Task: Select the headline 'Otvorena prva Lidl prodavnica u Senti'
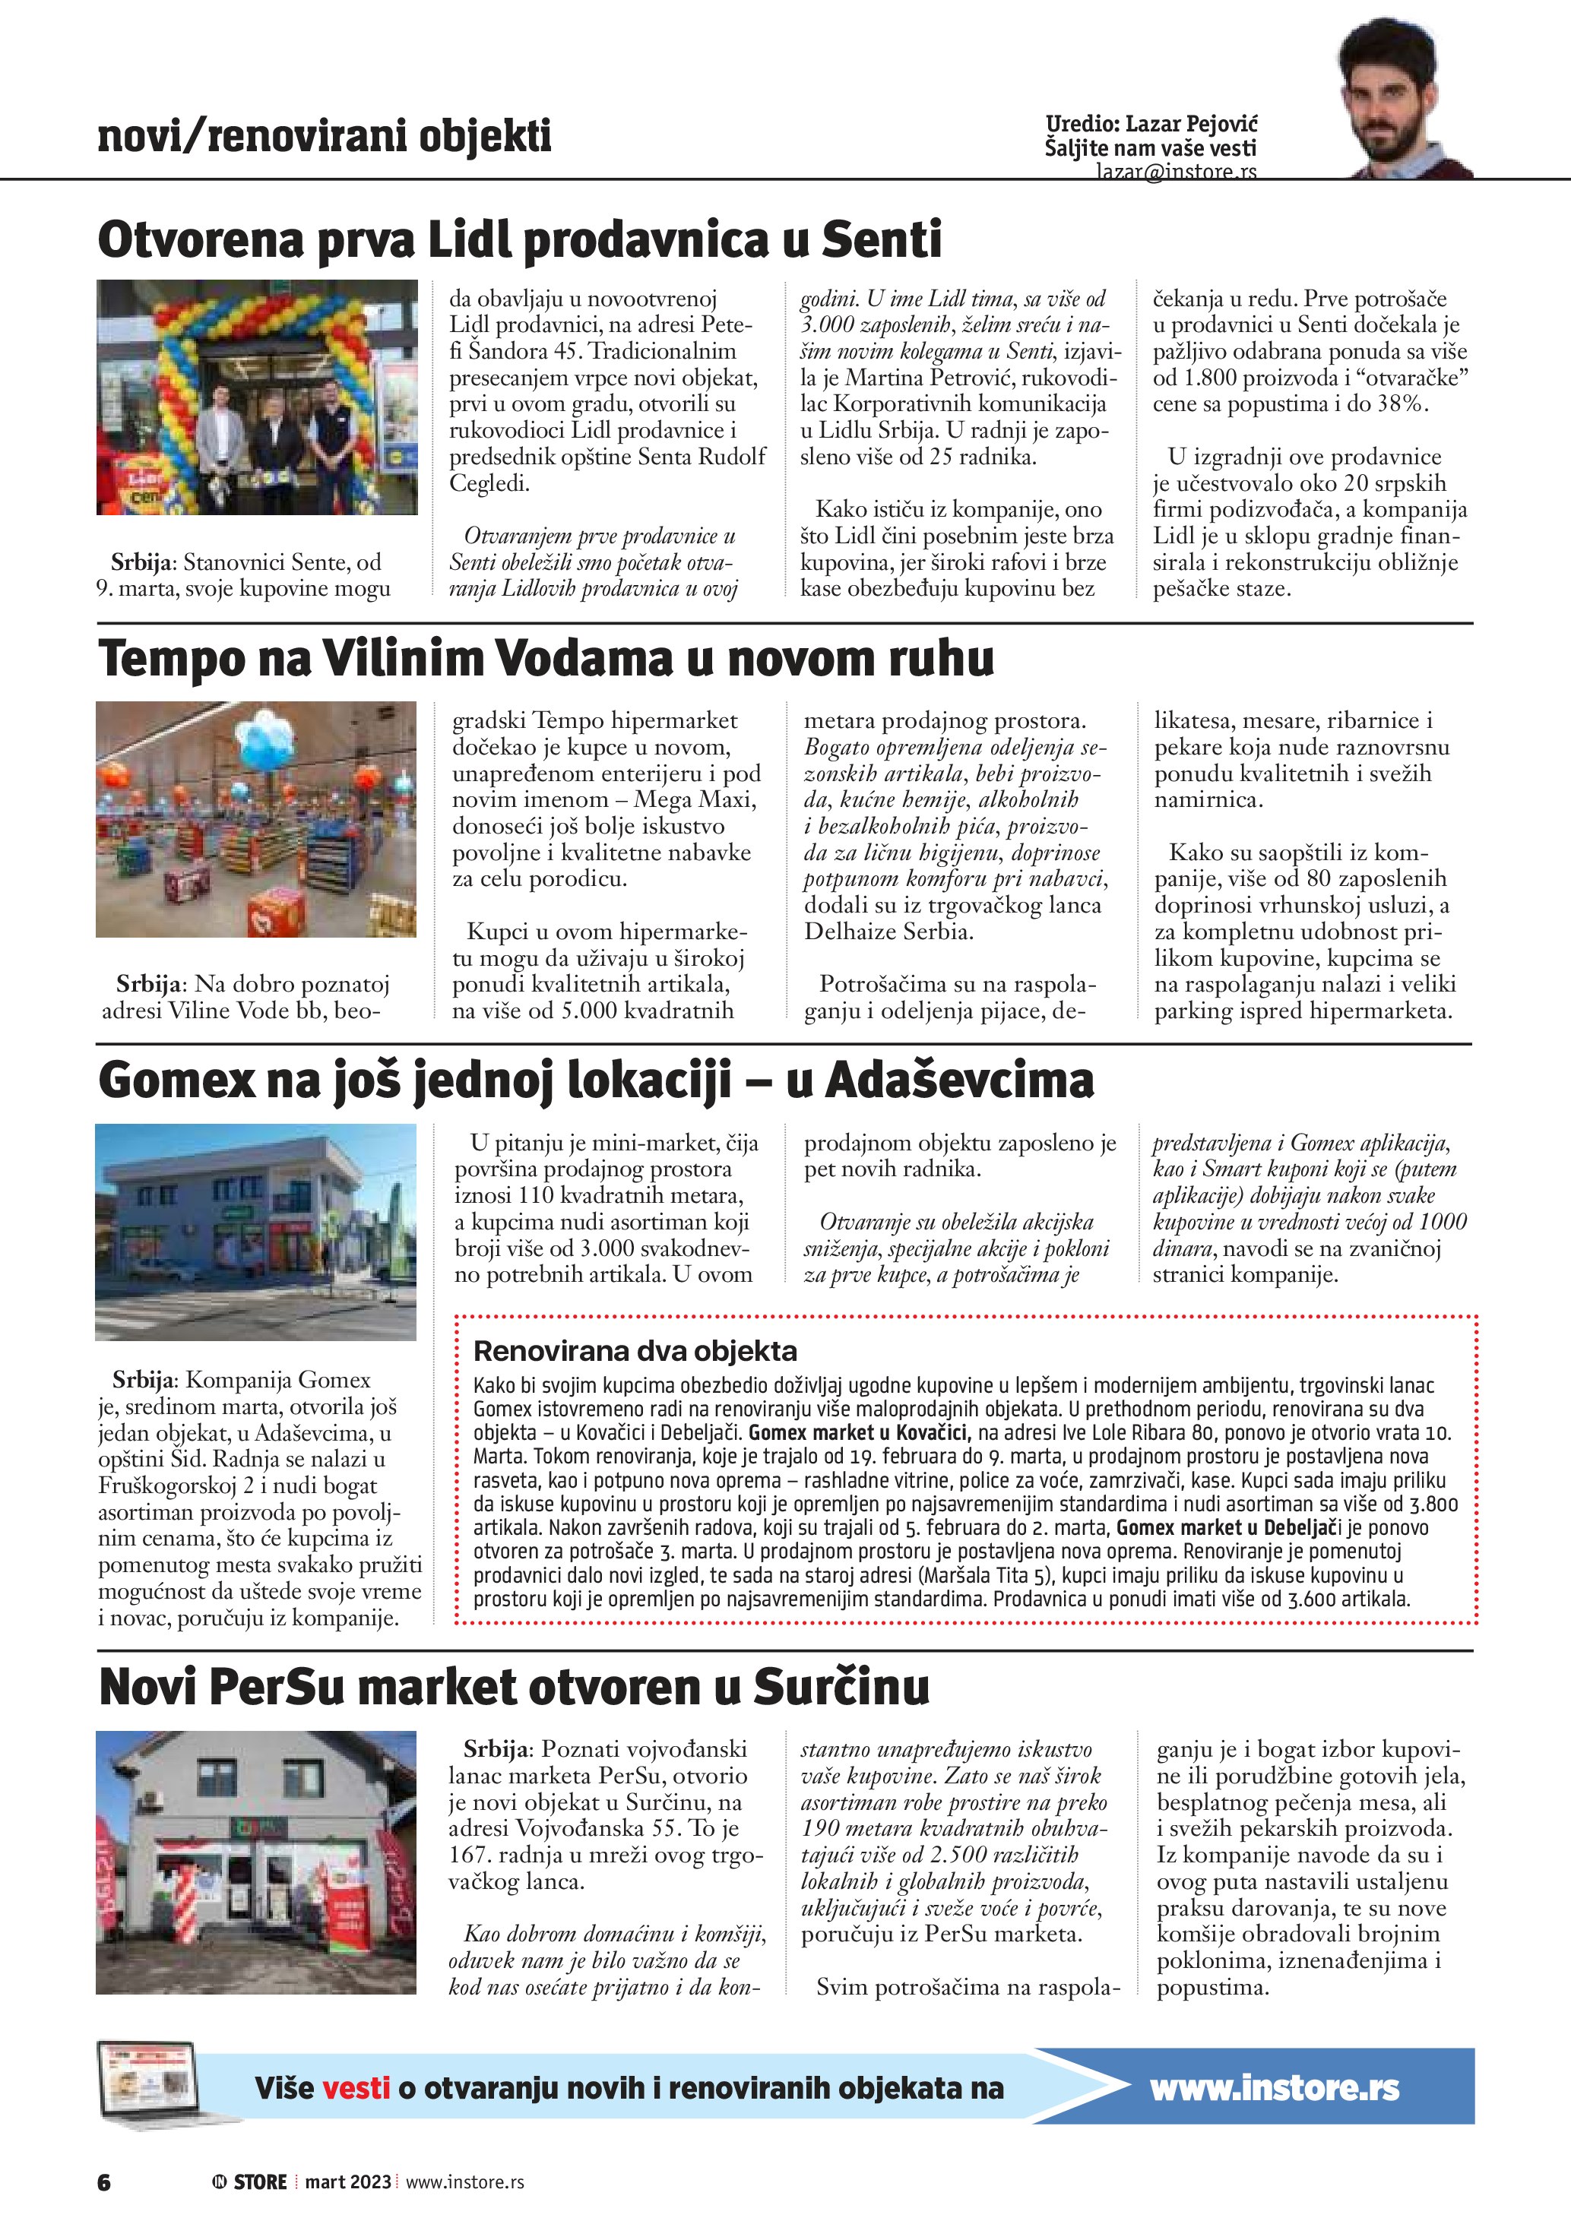[519, 240]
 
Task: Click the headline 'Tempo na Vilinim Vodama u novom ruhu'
[546, 659]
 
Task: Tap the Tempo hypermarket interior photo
[256, 818]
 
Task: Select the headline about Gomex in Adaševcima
[596, 1080]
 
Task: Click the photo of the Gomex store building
[256, 1232]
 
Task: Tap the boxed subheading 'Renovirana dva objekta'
[635, 1350]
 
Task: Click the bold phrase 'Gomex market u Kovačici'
[857, 1432]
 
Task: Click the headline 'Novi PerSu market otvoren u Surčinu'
[514, 1687]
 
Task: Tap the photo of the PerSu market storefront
[256, 1863]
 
